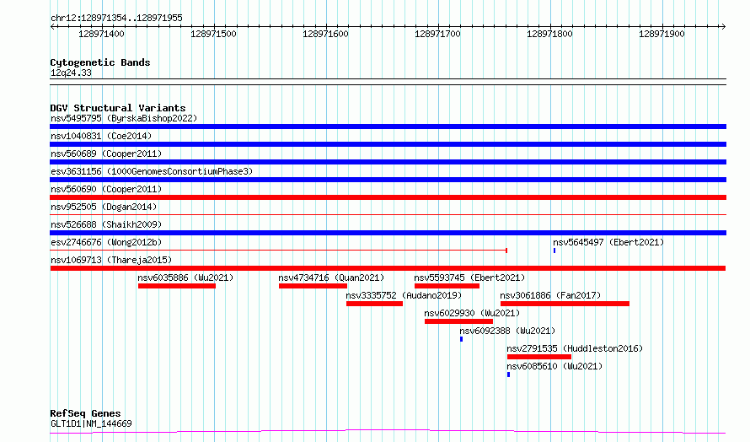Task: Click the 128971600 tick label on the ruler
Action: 325,34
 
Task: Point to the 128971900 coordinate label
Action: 662,34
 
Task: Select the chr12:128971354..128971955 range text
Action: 116,19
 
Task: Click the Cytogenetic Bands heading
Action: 100,62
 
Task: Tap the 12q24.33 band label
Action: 71,73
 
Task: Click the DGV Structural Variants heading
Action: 118,108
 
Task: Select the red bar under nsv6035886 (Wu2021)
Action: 177,286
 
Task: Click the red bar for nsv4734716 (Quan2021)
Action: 313,286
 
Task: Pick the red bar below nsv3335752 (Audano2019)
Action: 374,304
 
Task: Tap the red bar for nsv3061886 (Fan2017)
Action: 565,304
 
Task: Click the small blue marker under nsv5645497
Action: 554,251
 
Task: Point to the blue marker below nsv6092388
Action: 461,339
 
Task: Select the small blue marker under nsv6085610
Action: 508,375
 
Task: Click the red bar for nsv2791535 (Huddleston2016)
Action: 539,357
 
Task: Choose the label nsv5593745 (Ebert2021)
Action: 469,278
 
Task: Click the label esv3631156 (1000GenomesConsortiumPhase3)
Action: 152,171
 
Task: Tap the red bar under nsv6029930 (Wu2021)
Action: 458,321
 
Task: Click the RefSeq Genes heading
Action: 86,413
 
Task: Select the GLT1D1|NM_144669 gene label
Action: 91,423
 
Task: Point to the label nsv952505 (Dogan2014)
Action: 104,207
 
